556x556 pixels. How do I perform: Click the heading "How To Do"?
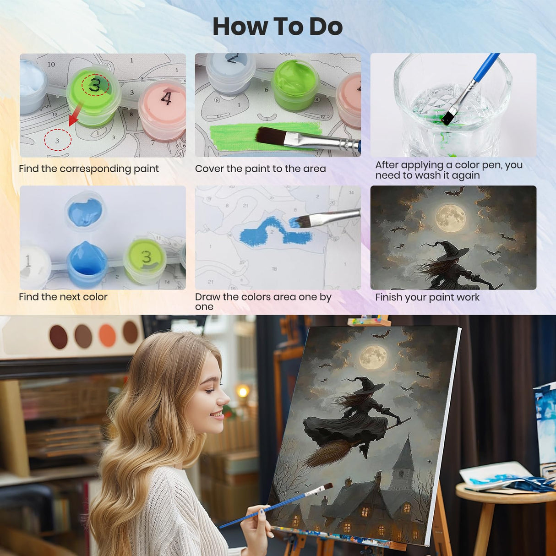(278, 27)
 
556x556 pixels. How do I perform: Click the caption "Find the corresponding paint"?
(89, 169)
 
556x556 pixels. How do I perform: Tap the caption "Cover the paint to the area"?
(260, 169)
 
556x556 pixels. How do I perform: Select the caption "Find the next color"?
(63, 297)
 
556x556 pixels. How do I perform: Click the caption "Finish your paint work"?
(427, 297)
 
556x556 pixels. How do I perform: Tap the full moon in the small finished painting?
(450, 218)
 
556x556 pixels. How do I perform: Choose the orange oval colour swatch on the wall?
(107, 335)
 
